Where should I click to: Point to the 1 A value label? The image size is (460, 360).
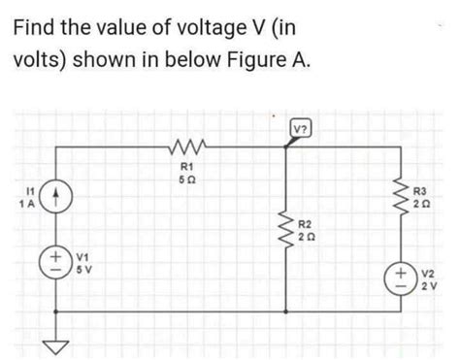click(23, 203)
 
